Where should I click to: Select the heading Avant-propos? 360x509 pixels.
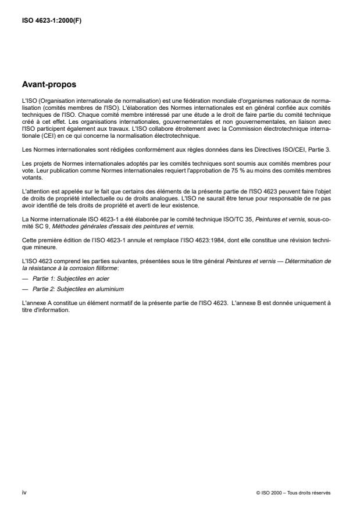pos(49,84)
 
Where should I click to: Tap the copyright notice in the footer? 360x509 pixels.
pos(293,492)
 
